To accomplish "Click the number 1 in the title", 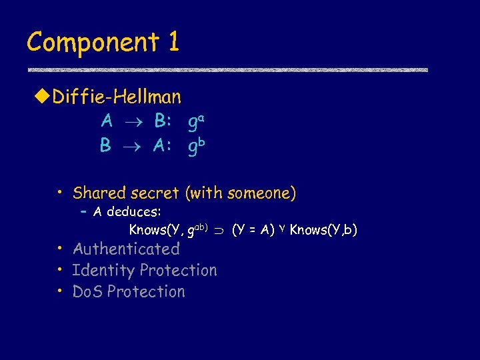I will pos(173,43).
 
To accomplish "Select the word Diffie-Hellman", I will pos(117,97).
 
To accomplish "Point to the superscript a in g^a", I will pos(201,117).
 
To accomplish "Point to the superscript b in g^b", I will pos(201,141).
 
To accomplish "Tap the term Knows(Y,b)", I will pos(323,230).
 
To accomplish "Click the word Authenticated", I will pos(126,249).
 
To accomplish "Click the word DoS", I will pos(87,292).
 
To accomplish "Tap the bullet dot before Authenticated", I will pos(60,249).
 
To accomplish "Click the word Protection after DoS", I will pos(146,292).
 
